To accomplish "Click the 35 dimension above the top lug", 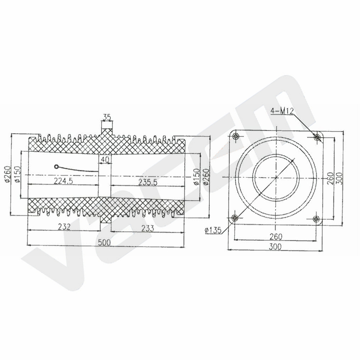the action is [x=107, y=117].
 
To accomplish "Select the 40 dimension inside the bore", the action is [x=105, y=160].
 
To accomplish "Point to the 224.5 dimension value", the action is [x=63, y=181].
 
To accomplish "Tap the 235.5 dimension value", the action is [x=148, y=182].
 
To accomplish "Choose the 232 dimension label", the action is [x=64, y=227].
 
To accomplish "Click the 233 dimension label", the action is [x=148, y=228].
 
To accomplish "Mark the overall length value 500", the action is [x=104, y=242].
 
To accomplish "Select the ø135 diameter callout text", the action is [x=213, y=230].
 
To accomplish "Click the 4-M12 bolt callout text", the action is [x=282, y=111].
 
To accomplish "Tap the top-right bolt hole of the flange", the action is [x=317, y=137].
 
